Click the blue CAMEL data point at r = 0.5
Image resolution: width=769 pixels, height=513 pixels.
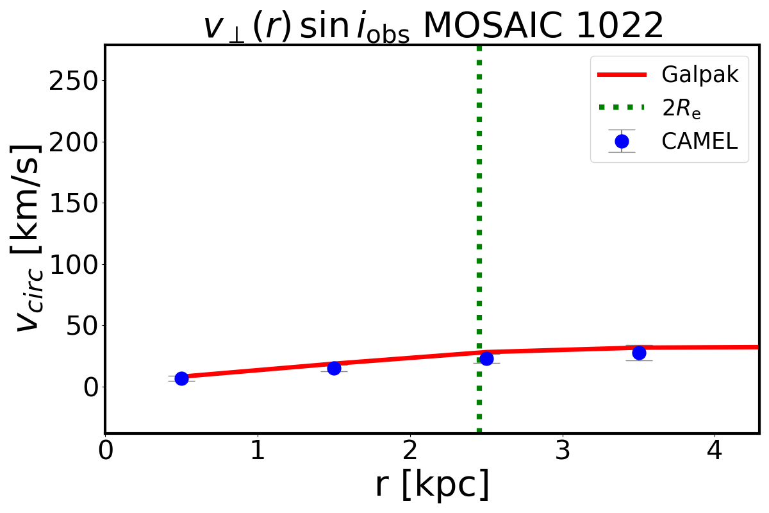tap(181, 378)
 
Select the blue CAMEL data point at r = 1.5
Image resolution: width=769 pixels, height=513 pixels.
tap(334, 368)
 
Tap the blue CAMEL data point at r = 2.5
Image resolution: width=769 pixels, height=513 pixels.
tap(486, 358)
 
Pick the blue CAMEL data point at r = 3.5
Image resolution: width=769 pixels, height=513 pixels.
tap(639, 353)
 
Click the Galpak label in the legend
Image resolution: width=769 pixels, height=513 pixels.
tap(700, 75)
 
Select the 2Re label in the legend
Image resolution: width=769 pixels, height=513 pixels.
tap(681, 108)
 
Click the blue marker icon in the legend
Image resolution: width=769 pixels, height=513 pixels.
tap(621, 141)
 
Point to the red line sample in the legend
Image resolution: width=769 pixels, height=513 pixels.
tap(621, 75)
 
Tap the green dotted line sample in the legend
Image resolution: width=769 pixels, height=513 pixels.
tap(621, 108)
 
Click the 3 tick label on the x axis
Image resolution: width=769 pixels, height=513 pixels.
tap(563, 451)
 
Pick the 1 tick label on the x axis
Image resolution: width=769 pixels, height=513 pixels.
tap(258, 451)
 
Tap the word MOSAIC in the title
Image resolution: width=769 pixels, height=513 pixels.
tap(482, 26)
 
